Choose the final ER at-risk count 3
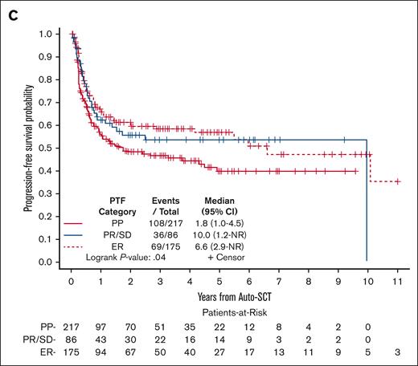[397, 350]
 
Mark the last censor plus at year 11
[397, 182]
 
